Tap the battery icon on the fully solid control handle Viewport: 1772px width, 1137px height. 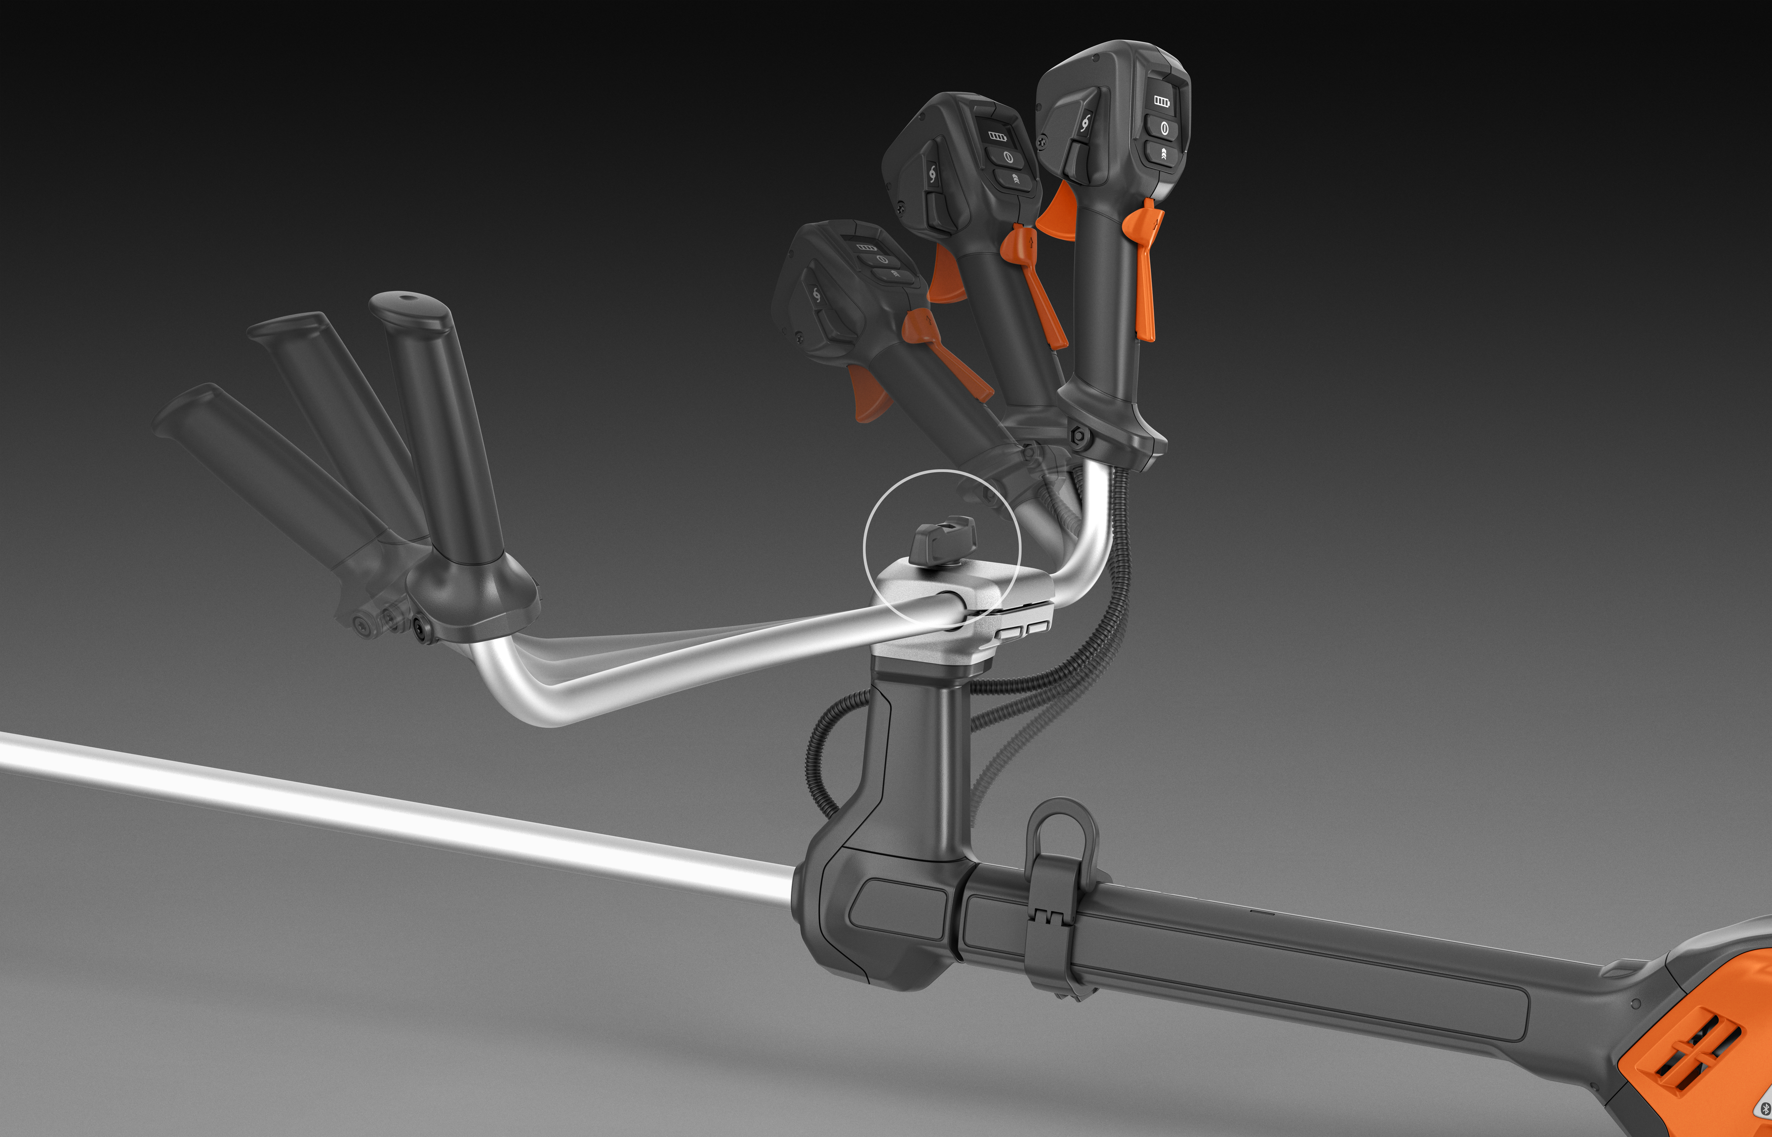(x=1161, y=101)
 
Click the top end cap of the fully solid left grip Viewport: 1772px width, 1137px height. (x=408, y=303)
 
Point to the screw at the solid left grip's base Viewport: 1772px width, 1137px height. (x=424, y=630)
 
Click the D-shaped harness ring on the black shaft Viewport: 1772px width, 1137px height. (x=1062, y=833)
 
